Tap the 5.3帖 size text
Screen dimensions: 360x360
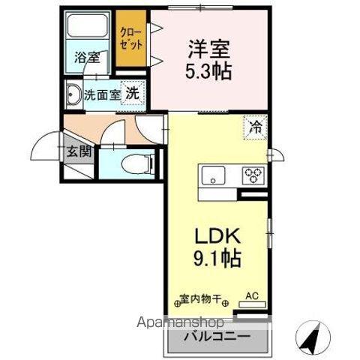click(x=209, y=71)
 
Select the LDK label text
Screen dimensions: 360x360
click(x=218, y=236)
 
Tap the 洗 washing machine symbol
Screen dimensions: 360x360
click(x=132, y=94)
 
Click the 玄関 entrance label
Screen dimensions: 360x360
click(x=78, y=151)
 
